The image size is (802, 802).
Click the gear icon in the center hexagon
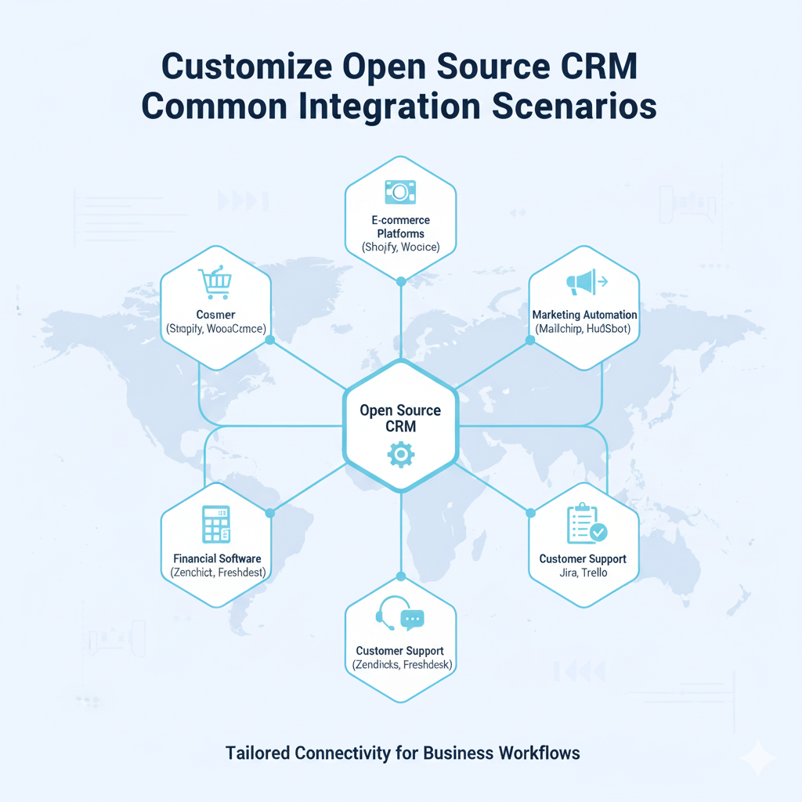(400, 454)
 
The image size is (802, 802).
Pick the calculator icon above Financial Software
(215, 524)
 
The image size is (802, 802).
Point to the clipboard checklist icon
(585, 523)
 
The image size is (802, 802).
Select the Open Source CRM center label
(400, 418)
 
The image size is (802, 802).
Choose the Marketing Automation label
(584, 315)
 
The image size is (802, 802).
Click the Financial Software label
(217, 559)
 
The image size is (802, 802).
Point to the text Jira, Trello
(583, 573)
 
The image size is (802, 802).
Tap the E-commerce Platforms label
(400, 226)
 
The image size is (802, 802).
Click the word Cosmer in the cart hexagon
(215, 314)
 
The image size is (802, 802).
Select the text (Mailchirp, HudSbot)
(584, 329)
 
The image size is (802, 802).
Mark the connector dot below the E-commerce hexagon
(400, 280)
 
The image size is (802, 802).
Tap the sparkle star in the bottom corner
(758, 757)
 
